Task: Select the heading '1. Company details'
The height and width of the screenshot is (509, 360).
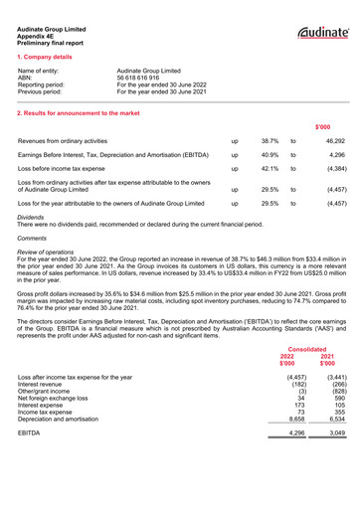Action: pyautogui.click(x=49, y=61)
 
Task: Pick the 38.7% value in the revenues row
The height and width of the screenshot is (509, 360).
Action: pyautogui.click(x=270, y=142)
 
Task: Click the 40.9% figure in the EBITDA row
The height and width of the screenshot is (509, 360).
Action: pyautogui.click(x=270, y=156)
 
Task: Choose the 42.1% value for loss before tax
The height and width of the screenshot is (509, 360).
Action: pyautogui.click(x=270, y=170)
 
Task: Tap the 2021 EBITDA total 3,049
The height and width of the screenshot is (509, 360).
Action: pyautogui.click(x=334, y=434)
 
